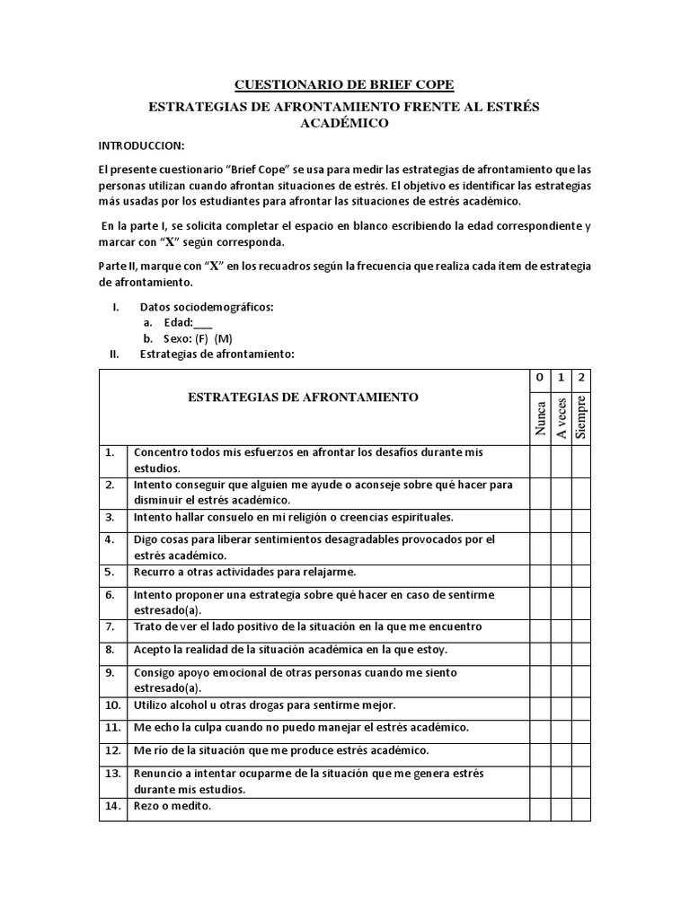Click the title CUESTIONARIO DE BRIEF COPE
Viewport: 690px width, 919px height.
(344, 85)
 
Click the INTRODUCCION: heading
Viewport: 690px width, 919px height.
(141, 145)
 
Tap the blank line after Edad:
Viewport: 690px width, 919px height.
(203, 322)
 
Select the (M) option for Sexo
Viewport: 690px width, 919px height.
(224, 338)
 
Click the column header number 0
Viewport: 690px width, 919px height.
(539, 379)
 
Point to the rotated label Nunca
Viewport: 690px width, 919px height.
(540, 417)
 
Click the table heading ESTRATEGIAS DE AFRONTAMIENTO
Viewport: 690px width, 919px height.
(302, 397)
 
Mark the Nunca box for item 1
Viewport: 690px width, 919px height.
(539, 460)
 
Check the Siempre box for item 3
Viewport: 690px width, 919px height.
(581, 518)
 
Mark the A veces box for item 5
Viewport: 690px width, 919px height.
(561, 572)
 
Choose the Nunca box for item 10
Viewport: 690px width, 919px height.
(539, 705)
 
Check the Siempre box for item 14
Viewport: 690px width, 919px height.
(581, 809)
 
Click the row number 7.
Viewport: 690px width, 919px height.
(110, 626)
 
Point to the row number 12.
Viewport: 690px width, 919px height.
(112, 749)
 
